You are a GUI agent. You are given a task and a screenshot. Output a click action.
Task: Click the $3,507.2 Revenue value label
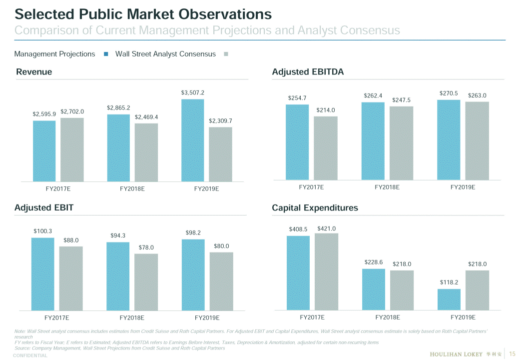192,92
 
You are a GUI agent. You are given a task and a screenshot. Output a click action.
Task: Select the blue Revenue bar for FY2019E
192,140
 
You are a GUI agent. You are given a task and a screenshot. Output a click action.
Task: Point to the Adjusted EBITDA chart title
308,72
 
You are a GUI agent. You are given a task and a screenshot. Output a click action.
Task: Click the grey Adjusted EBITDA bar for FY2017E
326,148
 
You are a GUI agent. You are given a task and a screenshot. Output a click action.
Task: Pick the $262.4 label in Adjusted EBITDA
373,95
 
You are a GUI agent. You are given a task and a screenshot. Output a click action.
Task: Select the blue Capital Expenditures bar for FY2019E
449,299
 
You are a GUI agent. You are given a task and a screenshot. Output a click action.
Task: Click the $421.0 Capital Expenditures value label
326,228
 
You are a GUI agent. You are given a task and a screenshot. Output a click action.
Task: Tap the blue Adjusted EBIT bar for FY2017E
42,274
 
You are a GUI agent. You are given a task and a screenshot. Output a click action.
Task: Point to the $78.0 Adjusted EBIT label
146,247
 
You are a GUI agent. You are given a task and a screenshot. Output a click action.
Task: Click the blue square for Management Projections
105,54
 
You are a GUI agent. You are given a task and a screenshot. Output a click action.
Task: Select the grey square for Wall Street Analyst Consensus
226,54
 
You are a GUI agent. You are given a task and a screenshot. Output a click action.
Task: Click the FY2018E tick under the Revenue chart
132,189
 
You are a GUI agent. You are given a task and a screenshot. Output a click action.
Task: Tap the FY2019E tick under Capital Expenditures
463,317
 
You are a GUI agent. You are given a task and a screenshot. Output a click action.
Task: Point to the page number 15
512,354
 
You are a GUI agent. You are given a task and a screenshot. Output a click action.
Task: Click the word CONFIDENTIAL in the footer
30,356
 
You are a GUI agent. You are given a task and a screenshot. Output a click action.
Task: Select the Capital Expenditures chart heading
315,208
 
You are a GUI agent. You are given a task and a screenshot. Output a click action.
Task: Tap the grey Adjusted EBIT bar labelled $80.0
221,281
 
